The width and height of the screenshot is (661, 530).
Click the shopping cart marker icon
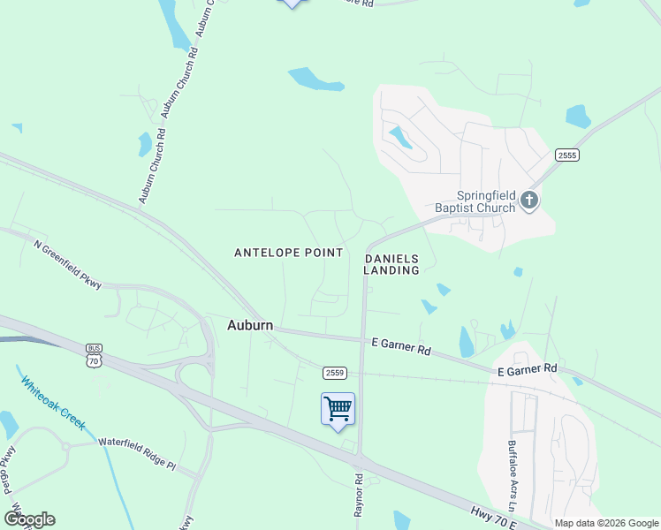(x=338, y=409)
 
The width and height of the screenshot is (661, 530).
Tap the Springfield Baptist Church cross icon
(x=529, y=200)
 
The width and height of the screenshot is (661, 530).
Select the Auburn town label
(x=250, y=324)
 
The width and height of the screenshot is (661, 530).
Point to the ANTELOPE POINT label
(x=288, y=253)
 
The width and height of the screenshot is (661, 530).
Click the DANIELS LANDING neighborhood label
(x=391, y=264)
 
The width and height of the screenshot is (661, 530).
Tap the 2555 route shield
(x=566, y=155)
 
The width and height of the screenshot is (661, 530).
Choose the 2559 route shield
(x=333, y=373)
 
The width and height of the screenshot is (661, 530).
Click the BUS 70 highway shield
(x=95, y=355)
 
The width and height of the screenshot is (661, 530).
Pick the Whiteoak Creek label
(x=53, y=404)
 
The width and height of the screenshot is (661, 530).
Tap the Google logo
(x=29, y=519)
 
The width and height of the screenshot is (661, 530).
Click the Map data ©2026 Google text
(x=606, y=523)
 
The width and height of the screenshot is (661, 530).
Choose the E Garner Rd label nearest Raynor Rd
(x=401, y=345)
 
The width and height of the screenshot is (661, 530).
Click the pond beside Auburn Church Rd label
(x=145, y=144)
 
